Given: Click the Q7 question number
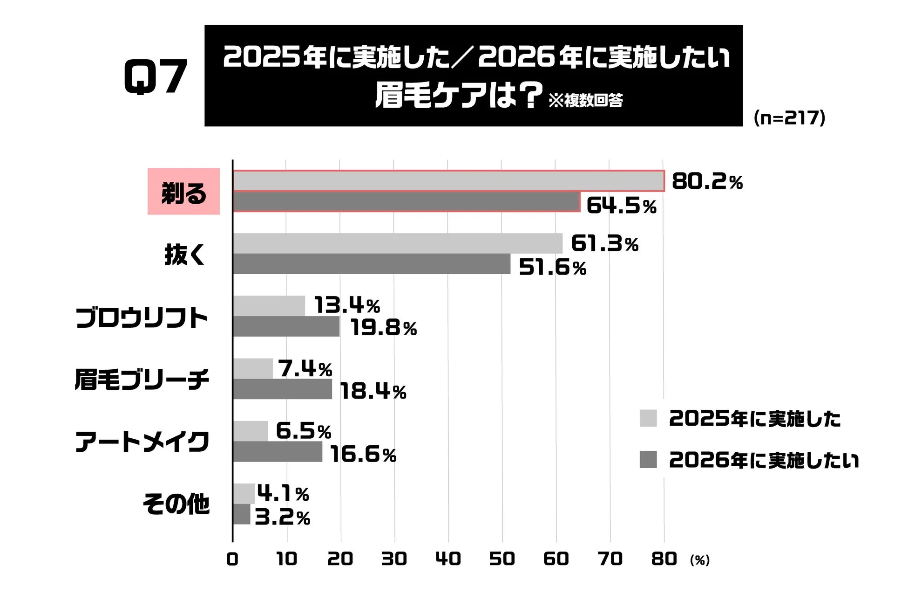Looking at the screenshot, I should coord(156,77).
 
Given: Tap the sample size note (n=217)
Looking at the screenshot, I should coord(789,117).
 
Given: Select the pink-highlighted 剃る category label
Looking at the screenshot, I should coord(183,192).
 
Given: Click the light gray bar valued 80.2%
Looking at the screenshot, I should coord(448,181).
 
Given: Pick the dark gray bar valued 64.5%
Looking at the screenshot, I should coord(406,202).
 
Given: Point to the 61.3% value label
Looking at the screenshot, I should coord(604,243).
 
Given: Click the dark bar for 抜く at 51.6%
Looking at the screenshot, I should coord(372,264).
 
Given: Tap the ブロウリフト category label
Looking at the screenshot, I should coord(142,318).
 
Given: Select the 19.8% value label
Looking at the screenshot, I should coord(384,328).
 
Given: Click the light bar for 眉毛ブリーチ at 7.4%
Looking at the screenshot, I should coord(253,368).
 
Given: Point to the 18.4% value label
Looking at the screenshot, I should coord(373,391).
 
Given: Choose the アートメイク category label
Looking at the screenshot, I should coord(142,442).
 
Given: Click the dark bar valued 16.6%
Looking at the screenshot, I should coord(278,452).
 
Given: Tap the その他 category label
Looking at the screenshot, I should coord(176,504).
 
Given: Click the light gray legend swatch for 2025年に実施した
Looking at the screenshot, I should coord(648,418).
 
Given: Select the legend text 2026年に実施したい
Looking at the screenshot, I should coord(764,460).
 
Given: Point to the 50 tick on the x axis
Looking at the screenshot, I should coord(501,559).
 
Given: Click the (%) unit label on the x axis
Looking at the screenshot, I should coord(699,560).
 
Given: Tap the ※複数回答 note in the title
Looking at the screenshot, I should coord(585,100).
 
